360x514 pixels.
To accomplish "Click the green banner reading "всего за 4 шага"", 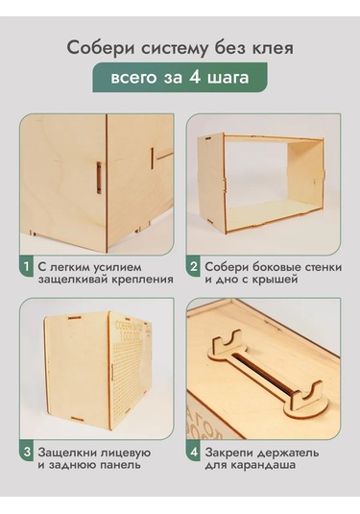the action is pos(180,78).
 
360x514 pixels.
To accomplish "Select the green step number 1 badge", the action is pos(27,266).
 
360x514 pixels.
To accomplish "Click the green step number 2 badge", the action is pos(194,266).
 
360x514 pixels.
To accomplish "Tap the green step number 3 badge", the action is pos(27,453).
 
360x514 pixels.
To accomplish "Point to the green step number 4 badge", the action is pos(194,453).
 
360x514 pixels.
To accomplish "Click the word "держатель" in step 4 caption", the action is pos(288,453).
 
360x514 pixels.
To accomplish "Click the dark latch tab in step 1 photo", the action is pos(99,178).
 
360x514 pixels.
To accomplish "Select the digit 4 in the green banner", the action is pos(194,78).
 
